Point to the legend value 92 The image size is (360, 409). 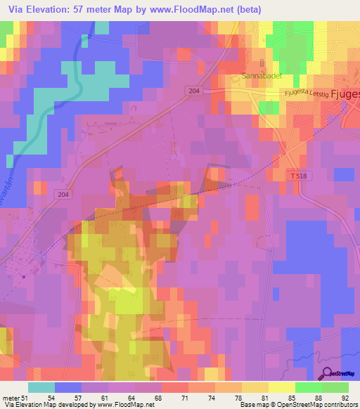point(344,398)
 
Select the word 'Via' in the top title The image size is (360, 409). point(13,9)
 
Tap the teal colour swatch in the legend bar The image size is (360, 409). point(41,387)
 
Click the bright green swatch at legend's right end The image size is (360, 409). point(335,387)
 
